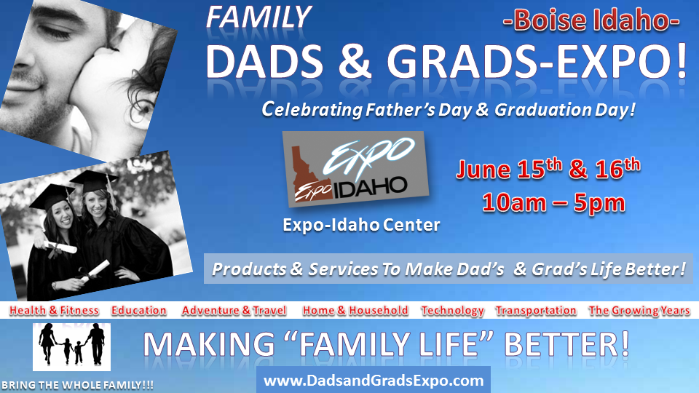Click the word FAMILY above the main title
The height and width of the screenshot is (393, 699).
coord(258,18)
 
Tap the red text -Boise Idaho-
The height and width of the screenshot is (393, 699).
coord(591,21)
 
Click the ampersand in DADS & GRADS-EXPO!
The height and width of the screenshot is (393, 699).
coord(355,61)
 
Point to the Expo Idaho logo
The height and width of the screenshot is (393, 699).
coord(356,169)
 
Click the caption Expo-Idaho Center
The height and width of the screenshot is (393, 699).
coord(362,225)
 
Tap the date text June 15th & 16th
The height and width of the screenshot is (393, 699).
coord(548,169)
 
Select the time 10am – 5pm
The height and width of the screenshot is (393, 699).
coord(553,203)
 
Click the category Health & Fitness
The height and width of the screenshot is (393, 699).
coord(54,311)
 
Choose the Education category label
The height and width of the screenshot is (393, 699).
coord(138,311)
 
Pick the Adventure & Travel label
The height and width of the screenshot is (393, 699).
coord(234,311)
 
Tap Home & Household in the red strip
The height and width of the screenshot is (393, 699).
coord(355,311)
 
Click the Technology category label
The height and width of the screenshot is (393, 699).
coord(452,311)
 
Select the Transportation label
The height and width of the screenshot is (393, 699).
coord(536,311)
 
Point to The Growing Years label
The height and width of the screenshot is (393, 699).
coord(639,311)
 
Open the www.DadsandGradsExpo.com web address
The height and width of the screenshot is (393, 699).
coord(374,381)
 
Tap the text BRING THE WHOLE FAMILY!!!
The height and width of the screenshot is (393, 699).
coord(78,385)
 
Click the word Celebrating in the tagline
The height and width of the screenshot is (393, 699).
coord(312,109)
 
